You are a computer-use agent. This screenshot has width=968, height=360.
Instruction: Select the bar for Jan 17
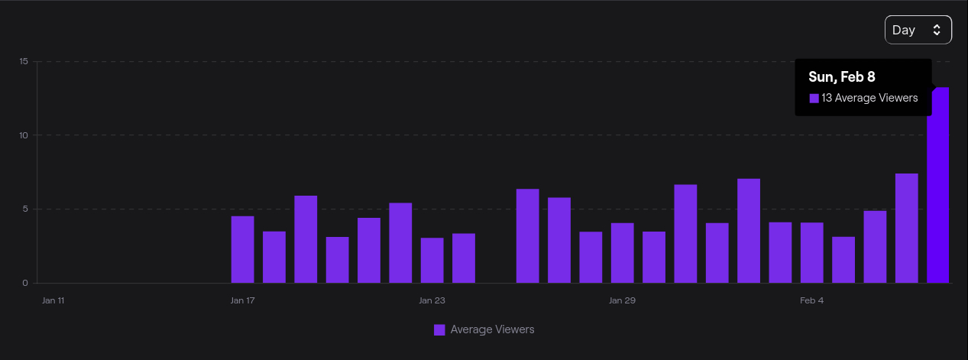(x=242, y=249)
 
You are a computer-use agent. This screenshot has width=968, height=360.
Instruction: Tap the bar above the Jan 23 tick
(x=432, y=260)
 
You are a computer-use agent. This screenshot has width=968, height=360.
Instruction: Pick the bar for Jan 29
(x=622, y=253)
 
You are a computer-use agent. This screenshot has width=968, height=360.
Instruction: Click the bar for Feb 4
(x=812, y=253)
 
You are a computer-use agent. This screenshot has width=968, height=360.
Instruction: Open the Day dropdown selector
(x=918, y=30)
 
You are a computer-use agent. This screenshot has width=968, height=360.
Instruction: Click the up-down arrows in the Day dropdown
(x=937, y=30)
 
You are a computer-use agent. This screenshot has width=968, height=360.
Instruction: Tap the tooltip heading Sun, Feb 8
(x=842, y=76)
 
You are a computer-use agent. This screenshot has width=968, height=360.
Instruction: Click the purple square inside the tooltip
(x=814, y=98)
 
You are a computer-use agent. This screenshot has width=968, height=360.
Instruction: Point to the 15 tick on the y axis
(x=24, y=61)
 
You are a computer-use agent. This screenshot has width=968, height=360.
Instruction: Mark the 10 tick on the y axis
(x=24, y=135)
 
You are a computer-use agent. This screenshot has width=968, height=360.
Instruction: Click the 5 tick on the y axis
(x=25, y=209)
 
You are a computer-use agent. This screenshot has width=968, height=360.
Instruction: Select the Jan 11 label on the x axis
(x=53, y=300)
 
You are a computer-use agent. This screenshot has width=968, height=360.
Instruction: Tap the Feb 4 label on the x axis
(x=812, y=300)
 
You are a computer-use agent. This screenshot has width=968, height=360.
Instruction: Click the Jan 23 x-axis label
(x=432, y=300)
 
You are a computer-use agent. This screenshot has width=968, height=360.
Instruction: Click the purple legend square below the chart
(x=439, y=329)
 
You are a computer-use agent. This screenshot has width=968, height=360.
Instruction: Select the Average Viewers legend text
(x=492, y=329)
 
